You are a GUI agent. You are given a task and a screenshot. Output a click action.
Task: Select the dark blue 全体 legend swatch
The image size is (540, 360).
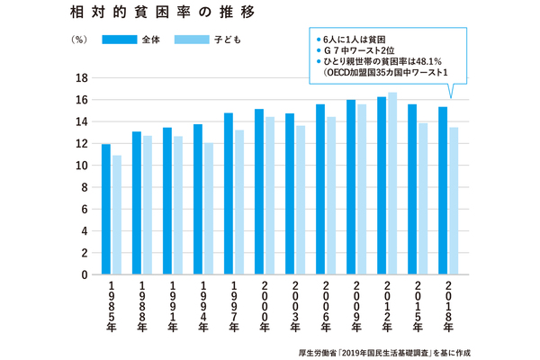pos(116,40)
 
